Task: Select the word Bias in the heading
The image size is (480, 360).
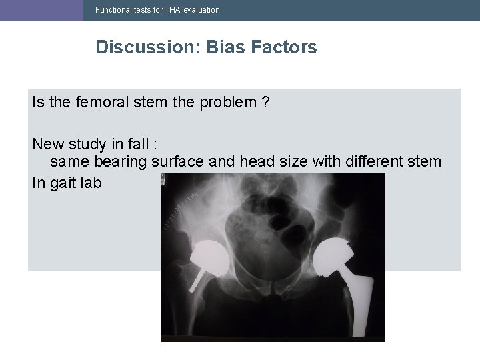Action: point(227,47)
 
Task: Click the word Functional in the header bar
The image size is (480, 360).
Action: point(114,10)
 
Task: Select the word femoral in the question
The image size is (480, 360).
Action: point(103,103)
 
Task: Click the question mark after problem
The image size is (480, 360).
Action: point(266,103)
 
